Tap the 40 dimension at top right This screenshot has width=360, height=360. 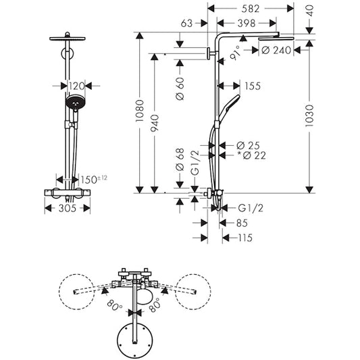point(310,9)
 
